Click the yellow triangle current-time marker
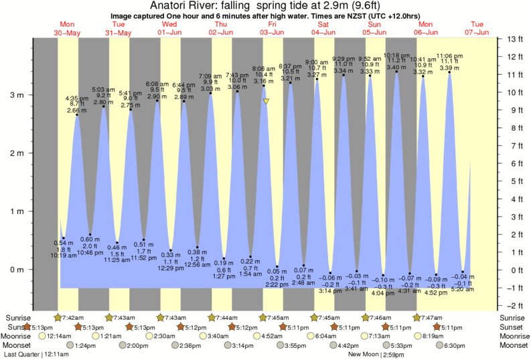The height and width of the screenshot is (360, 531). click(266, 102)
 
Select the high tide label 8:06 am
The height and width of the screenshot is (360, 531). click(264, 68)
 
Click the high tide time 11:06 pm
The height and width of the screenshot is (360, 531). click(449, 56)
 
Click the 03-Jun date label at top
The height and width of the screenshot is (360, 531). click(273, 31)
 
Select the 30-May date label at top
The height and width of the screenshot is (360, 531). click(68, 31)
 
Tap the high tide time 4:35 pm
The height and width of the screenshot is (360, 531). click(77, 98)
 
